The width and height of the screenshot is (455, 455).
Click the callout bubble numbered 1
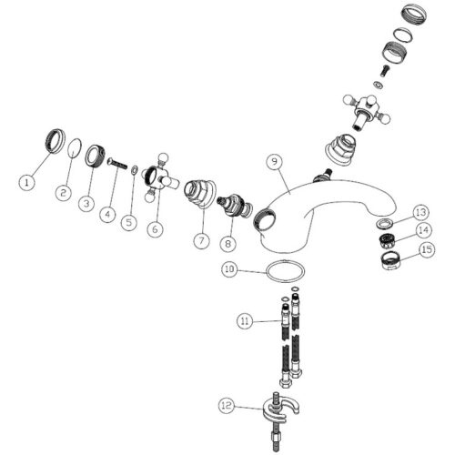click(27, 183)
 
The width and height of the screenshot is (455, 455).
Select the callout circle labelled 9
click(275, 161)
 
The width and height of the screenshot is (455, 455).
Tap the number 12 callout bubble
click(227, 405)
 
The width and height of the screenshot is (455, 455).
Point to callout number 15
click(427, 249)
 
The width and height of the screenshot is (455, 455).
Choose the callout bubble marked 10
click(230, 269)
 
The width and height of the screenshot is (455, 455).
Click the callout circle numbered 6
click(155, 229)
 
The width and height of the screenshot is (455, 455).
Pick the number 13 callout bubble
click(421, 212)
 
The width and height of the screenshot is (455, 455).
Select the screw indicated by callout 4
click(117, 164)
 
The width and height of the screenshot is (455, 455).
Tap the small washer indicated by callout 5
click(135, 170)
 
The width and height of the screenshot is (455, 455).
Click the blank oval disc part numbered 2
click(74, 148)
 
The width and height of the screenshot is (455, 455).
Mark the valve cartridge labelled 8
click(235, 206)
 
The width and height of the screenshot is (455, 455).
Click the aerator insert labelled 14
click(387, 239)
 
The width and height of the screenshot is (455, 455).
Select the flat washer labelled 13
click(385, 224)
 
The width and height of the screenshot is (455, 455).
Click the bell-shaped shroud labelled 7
click(200, 193)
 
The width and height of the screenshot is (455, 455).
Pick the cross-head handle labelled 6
click(158, 179)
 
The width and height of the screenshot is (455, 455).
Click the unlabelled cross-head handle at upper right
click(367, 111)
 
